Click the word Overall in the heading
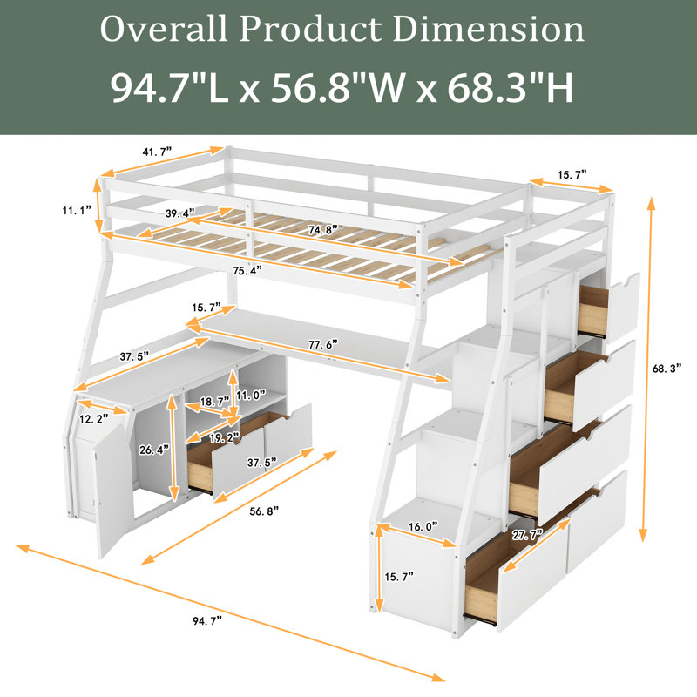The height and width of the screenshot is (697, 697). (x=164, y=29)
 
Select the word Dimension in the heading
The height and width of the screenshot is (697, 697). (x=488, y=29)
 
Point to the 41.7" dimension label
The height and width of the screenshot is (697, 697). (x=157, y=152)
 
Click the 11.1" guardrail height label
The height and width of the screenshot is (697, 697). (x=77, y=210)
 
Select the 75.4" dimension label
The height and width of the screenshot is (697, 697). (x=247, y=270)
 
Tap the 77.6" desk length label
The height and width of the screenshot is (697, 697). (x=323, y=344)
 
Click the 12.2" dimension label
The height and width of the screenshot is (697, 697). (x=94, y=418)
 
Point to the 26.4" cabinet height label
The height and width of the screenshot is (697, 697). (x=154, y=450)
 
